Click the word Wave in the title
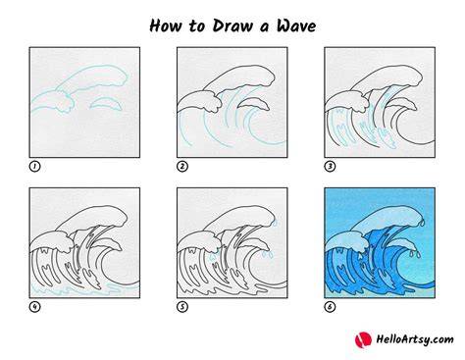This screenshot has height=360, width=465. tap(296, 26)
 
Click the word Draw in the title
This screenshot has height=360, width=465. tap(232, 26)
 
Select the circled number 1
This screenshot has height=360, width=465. tap(34, 167)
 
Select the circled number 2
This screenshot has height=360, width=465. tap(182, 167)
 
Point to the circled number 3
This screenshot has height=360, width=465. tap(330, 167)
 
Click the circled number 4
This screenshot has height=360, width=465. tap(34, 307)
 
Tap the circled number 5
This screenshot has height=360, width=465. tap(182, 307)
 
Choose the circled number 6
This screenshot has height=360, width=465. tap(330, 307)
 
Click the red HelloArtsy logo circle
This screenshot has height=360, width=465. tap(363, 339)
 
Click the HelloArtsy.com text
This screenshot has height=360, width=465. tap(415, 339)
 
